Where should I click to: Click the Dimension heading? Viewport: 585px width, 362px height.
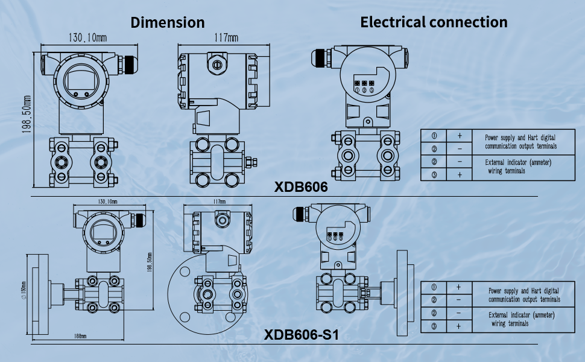click(168, 23)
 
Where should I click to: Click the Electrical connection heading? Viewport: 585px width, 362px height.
click(434, 22)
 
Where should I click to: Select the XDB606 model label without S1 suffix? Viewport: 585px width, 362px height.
click(301, 187)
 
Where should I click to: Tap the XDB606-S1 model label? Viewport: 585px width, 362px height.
click(302, 334)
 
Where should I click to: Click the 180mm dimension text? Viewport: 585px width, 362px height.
click(79, 336)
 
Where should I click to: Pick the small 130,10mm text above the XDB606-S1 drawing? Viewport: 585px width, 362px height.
click(107, 201)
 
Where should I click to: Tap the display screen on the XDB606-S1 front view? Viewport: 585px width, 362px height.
click(100, 232)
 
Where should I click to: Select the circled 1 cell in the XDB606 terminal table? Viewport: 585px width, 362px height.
click(434, 136)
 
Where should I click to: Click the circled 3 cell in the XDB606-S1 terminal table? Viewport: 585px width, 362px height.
click(434, 326)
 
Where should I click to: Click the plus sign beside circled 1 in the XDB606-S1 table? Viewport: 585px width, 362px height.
click(459, 287)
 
